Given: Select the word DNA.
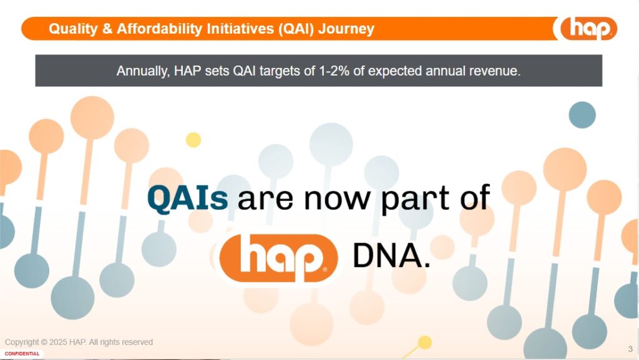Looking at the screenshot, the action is tap(391, 255).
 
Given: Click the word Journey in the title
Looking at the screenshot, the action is tap(346, 29).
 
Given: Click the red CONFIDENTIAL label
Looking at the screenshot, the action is tap(22, 354).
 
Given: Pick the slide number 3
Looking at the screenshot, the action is tap(630, 349).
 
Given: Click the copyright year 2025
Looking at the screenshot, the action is tap(58, 342).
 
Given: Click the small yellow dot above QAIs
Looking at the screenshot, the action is tap(193, 140).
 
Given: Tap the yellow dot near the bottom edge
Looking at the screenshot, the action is tap(424, 343).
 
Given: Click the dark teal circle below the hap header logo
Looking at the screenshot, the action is tap(582, 115).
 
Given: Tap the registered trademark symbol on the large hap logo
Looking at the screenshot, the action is tap(324, 269).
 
